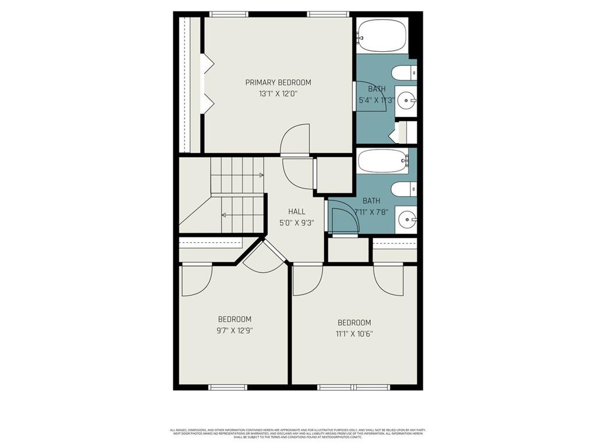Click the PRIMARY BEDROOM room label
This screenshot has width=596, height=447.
coord(278,83)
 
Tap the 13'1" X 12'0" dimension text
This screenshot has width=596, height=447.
coord(278,94)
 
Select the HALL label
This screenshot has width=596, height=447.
coord(296,212)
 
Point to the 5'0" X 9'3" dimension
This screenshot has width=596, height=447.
coord(296,222)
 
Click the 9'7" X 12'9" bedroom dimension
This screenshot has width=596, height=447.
coord(235,330)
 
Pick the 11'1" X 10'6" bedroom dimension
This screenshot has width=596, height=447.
coord(354,334)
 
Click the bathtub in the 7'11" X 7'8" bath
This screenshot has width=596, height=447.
coord(382,161)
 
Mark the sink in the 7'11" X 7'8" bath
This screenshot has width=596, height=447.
coord(406,220)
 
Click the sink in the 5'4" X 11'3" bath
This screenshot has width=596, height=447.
coord(406,101)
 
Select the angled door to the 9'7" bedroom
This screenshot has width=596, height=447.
coord(264,258)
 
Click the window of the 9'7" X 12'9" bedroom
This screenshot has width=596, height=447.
coord(228,387)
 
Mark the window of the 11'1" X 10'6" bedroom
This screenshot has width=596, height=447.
coord(354,387)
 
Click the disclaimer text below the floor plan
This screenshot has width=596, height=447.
coord(297,434)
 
